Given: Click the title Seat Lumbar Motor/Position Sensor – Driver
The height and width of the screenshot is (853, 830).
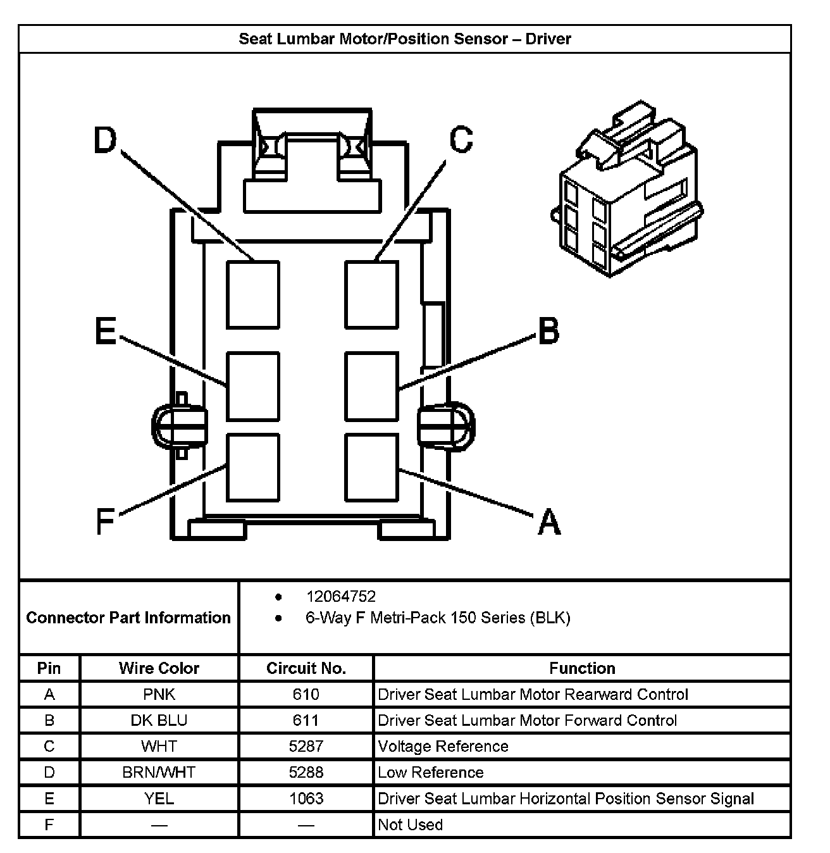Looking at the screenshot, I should click(404, 39).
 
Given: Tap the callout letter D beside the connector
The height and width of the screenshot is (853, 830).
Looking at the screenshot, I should click(106, 140).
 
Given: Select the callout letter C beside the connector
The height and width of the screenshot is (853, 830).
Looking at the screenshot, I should click(461, 140).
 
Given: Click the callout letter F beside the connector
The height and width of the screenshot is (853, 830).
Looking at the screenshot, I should click(105, 522).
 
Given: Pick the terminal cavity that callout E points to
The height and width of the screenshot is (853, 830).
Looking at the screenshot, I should click(253, 386).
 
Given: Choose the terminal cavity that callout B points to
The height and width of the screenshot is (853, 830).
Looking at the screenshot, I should click(372, 386).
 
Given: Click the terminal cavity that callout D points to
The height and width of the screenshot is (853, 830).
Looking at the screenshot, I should click(253, 294).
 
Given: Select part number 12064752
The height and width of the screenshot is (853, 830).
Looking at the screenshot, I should click(340, 597).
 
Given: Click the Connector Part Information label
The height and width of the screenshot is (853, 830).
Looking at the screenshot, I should click(128, 618).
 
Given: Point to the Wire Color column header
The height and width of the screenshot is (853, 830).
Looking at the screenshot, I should click(159, 668).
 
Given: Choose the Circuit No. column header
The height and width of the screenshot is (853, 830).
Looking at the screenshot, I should click(306, 668).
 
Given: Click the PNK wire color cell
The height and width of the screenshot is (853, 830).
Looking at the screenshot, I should click(159, 694).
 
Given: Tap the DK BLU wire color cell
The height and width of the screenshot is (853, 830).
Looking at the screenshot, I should click(159, 720).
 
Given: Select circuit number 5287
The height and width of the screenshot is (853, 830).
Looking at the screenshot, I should click(306, 746).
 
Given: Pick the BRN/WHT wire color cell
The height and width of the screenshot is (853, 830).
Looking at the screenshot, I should click(159, 772).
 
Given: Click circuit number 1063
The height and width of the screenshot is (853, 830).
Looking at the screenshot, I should click(306, 798).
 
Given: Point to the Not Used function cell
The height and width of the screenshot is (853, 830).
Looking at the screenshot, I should click(410, 825).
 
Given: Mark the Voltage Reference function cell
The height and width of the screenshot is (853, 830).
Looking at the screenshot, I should click(443, 746).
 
